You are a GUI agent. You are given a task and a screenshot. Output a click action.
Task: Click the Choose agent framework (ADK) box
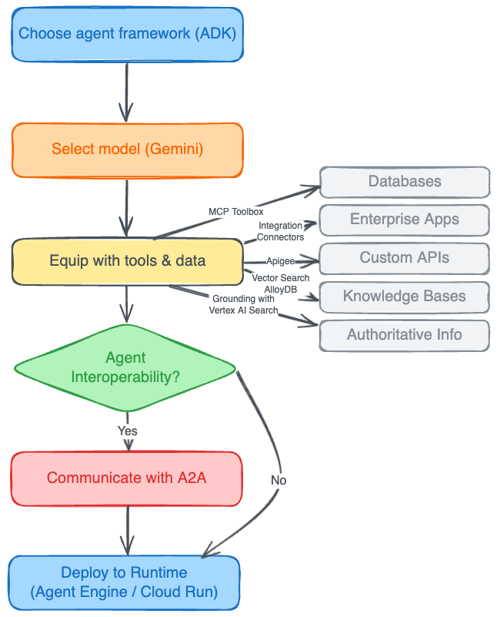[x=127, y=34]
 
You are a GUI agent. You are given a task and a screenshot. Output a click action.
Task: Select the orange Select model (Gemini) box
[x=127, y=149]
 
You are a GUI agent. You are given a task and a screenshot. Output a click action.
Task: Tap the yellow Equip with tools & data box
[x=127, y=261]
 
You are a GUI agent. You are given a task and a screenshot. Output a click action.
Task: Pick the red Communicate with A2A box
[x=127, y=478]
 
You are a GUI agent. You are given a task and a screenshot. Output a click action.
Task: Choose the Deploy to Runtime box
[x=124, y=582]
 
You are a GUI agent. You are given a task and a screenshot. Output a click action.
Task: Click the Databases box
[x=404, y=182]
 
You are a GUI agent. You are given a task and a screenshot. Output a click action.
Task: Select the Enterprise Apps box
[x=404, y=220]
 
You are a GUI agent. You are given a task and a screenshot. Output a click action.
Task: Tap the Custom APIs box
[x=404, y=257]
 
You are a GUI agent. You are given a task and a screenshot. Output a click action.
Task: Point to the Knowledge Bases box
[x=404, y=297]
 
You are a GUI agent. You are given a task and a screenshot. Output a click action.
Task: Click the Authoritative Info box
[x=404, y=335]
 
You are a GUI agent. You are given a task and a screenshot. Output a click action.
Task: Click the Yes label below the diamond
[x=127, y=431]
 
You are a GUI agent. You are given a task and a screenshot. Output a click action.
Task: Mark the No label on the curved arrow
[x=279, y=480]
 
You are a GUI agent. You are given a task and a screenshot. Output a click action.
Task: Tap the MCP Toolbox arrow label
[x=236, y=211]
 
